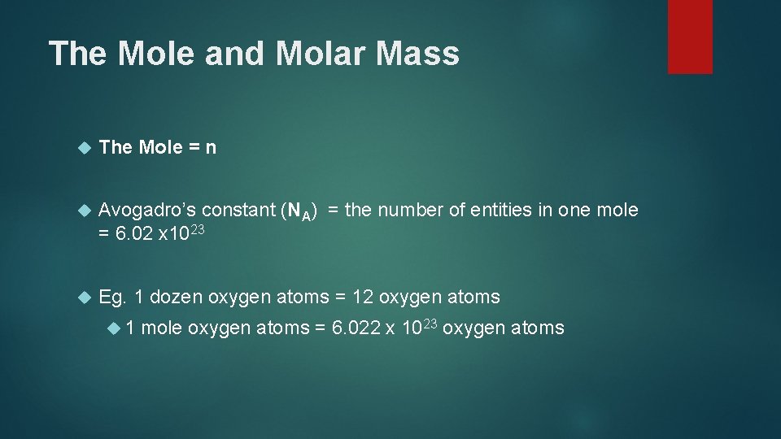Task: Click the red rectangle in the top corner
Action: point(690,36)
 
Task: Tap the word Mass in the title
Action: point(420,54)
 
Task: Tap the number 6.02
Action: point(133,234)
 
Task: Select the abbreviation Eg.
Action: point(112,298)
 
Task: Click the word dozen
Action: point(177,298)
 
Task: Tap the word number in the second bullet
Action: point(411,211)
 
